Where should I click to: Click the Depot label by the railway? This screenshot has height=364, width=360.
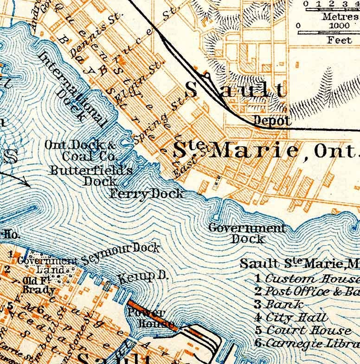pos(272,121)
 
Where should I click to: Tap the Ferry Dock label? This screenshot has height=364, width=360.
pos(147,194)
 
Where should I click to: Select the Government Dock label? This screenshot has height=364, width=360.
pos(247,234)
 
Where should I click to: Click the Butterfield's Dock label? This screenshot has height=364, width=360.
pos(91,175)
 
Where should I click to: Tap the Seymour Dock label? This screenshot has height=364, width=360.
pos(122,253)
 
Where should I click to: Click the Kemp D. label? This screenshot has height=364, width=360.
pos(141,278)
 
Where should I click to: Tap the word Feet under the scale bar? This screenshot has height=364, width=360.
pos(339,40)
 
